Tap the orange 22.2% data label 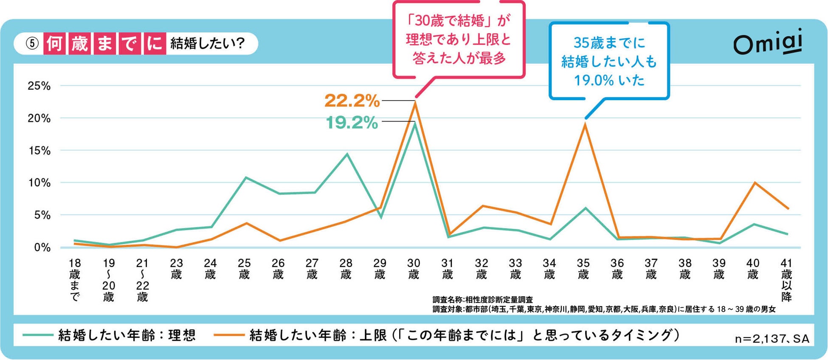[x=352, y=101]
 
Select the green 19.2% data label [x=352, y=123]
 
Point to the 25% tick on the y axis [x=39, y=86]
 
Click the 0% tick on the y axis [x=42, y=247]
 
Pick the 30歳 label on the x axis [x=414, y=269]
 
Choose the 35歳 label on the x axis [x=583, y=269]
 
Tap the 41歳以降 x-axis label [x=786, y=280]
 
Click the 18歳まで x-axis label [x=75, y=280]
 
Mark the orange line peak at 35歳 [x=585, y=124]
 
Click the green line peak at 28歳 [x=347, y=154]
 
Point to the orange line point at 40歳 [x=754, y=183]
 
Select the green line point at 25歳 [x=246, y=177]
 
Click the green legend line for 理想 [x=38, y=335]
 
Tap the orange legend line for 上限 [x=229, y=335]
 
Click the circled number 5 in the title [x=32, y=43]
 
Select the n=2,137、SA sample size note [x=772, y=339]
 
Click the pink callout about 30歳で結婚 [x=459, y=39]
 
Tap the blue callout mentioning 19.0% [x=609, y=61]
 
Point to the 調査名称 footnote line [x=482, y=300]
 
